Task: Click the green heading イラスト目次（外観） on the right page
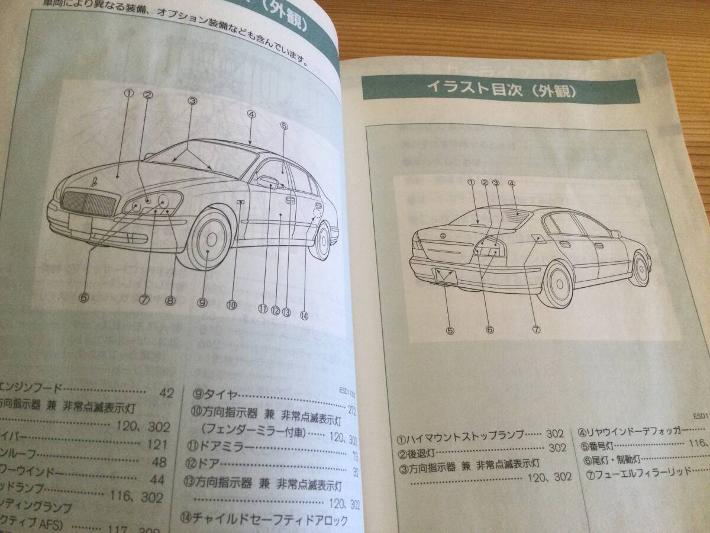point(502,90)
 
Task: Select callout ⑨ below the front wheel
point(202,302)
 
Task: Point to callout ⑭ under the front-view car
point(305,316)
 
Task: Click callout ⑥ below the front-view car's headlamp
point(83,297)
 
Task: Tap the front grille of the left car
point(88,203)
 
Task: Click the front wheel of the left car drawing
point(211,242)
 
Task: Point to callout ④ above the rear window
point(512,184)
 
